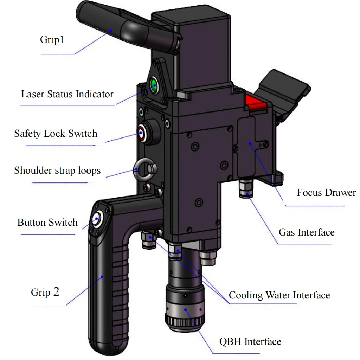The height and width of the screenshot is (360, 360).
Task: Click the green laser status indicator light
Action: [154, 84]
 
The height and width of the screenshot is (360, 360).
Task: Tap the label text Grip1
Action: [52, 39]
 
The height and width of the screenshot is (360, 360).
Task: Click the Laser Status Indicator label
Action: [67, 94]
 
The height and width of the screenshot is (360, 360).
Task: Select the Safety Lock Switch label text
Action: [56, 134]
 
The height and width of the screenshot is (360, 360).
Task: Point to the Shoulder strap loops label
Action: [57, 171]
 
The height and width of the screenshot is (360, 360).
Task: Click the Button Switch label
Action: [47, 223]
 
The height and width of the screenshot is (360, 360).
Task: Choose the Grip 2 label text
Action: [45, 292]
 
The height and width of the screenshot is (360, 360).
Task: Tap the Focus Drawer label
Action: [326, 193]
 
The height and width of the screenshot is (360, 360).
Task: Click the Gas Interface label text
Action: [307, 232]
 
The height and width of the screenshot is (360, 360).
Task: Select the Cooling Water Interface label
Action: [279, 295]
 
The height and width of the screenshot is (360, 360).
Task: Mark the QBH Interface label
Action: [250, 341]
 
